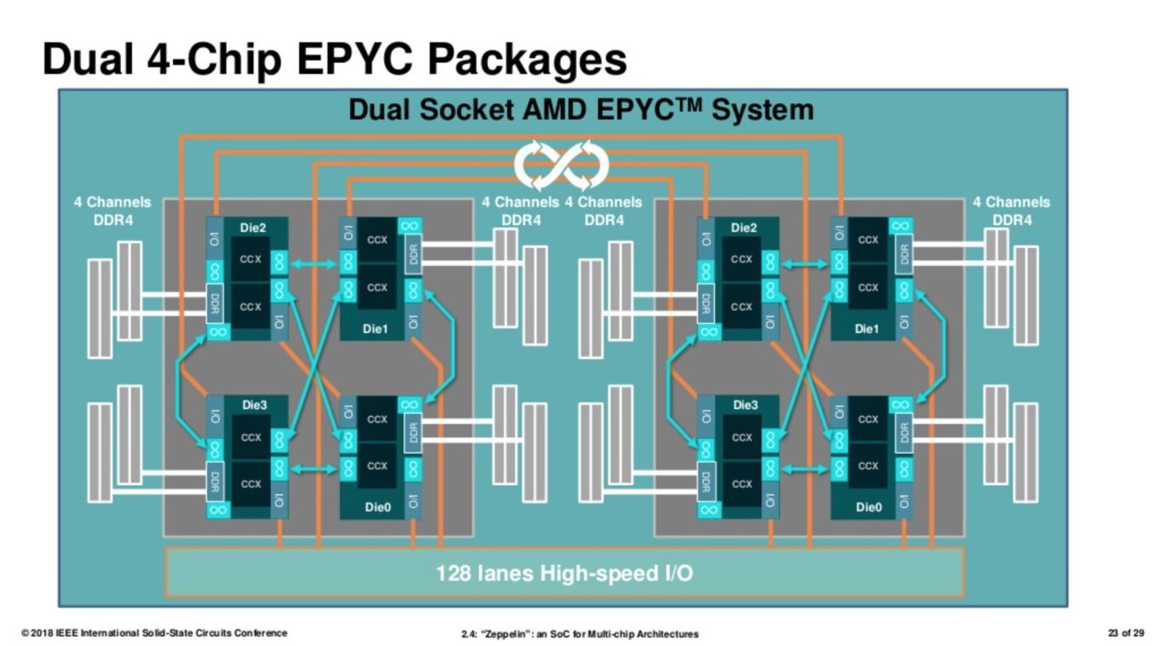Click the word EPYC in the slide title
355,59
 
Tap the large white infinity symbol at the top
562,165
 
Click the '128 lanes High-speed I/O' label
564,574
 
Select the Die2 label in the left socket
252,228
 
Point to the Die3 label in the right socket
745,406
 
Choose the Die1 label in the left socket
375,329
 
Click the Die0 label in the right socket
868,507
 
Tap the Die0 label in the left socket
378,507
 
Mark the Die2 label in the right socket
743,228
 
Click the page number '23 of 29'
1126,632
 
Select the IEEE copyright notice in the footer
154,633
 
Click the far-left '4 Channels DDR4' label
112,211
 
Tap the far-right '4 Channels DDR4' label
1012,211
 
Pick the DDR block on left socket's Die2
215,304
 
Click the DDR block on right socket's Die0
904,433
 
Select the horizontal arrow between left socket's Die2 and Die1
314,264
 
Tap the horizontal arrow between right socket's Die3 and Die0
804,469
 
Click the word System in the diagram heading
763,111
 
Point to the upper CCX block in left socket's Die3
251,437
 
